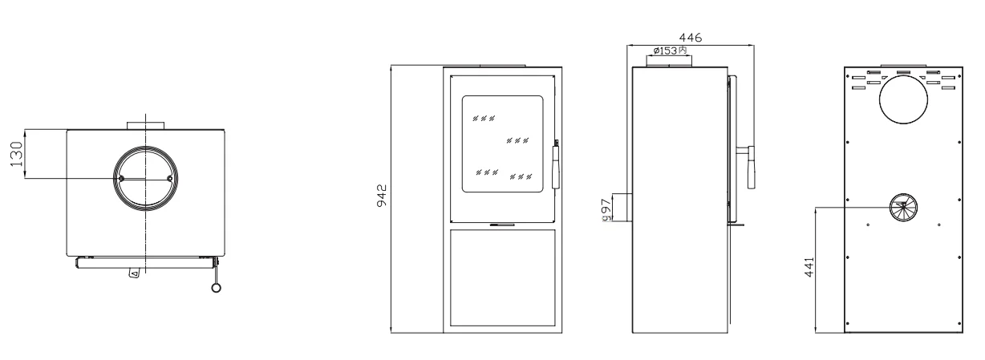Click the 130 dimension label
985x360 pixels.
tap(16, 154)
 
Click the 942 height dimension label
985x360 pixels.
tap(382, 196)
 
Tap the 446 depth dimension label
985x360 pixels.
tap(691, 38)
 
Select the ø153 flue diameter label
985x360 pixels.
tap(669, 51)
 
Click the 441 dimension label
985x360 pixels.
tap(809, 267)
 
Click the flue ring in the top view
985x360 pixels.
tap(145, 147)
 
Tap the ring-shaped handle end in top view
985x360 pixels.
tap(216, 288)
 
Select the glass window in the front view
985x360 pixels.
tap(503, 144)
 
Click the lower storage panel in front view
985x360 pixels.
tap(503, 277)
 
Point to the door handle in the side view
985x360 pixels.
tap(751, 167)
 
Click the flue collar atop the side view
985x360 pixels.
tap(669, 61)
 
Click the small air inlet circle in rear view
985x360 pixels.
tap(904, 208)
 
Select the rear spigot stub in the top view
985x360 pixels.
tap(145, 126)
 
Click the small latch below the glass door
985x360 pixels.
tap(502, 224)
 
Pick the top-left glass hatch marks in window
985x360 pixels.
tap(484, 118)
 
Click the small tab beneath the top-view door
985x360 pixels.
tap(134, 273)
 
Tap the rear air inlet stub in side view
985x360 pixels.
tap(622, 207)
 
